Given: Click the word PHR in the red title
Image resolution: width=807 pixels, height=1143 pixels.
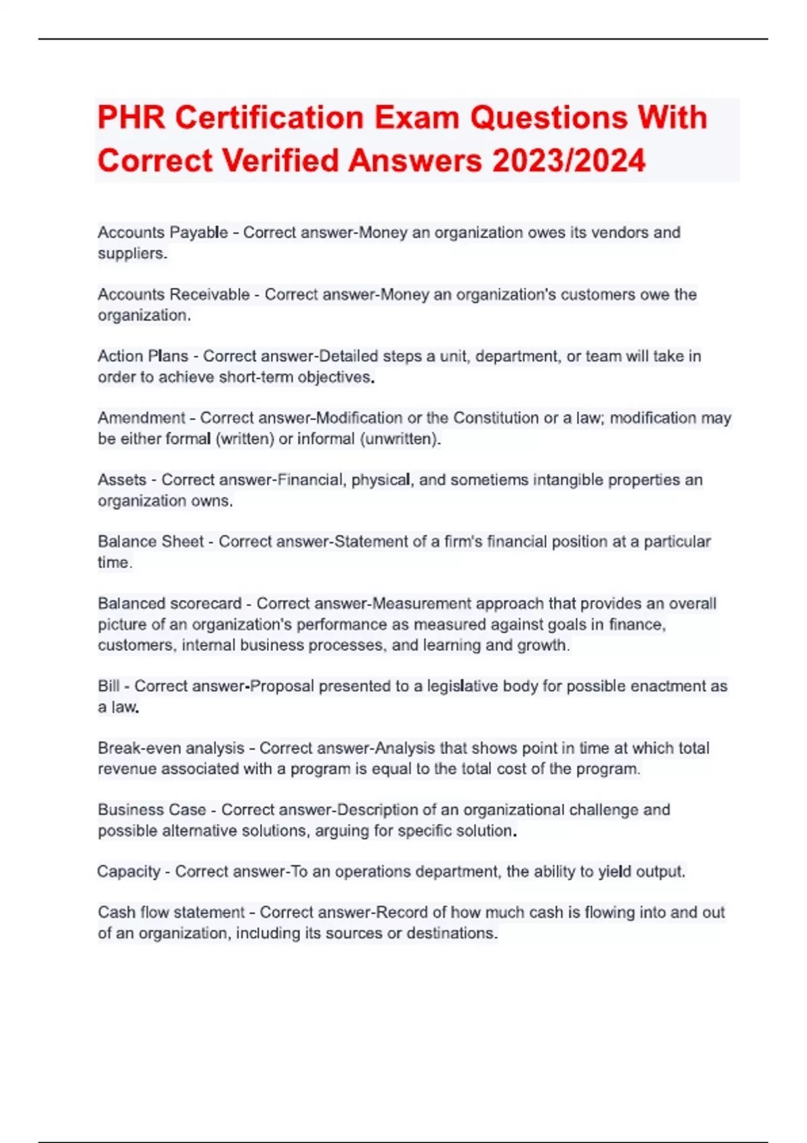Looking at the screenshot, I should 131,118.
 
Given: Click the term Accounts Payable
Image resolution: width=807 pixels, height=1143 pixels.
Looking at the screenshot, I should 162,233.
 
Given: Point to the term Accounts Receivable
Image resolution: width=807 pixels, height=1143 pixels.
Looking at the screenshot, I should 174,294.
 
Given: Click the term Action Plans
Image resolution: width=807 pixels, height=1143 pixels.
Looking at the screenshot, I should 143,356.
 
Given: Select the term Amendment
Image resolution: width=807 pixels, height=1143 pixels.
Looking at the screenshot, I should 141,418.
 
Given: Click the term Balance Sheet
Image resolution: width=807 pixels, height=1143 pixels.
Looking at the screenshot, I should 151,542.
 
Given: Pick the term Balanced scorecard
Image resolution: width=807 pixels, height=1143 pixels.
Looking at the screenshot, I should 169,604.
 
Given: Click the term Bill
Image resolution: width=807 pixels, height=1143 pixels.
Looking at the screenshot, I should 108,686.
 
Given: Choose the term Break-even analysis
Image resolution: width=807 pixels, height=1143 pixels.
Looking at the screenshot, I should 171,748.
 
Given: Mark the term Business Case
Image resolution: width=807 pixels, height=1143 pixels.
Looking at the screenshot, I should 152,810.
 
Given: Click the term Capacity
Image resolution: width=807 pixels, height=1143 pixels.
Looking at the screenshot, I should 128,872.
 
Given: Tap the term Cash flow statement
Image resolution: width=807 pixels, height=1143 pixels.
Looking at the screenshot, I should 171,913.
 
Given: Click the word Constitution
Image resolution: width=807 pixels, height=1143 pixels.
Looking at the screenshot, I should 496,418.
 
